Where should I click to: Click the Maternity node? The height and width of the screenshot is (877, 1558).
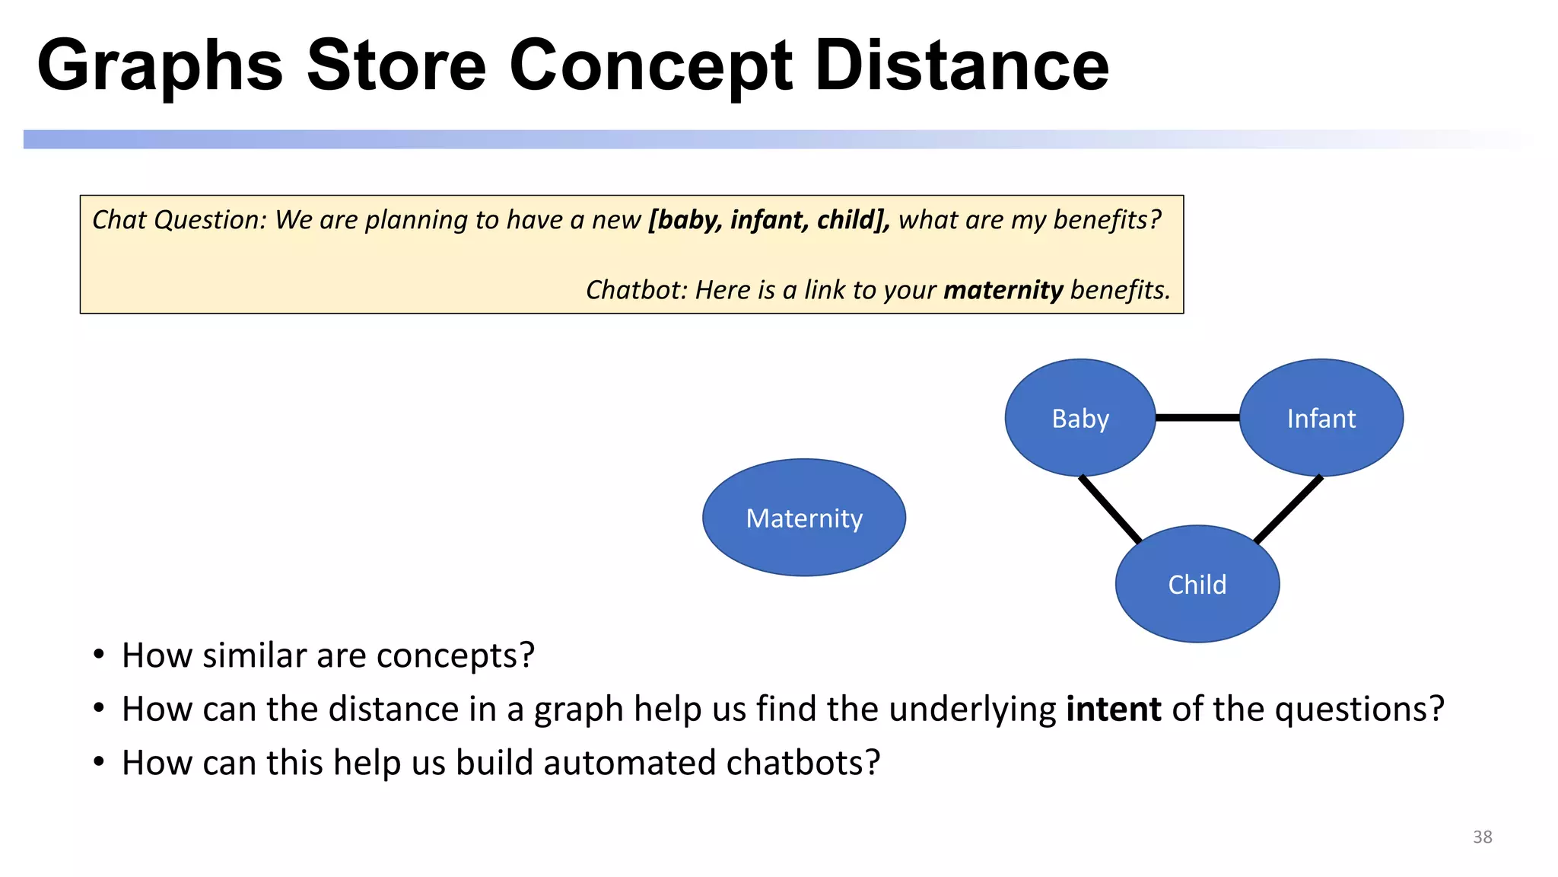(x=804, y=518)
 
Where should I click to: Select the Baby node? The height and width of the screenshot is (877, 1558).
(x=1080, y=418)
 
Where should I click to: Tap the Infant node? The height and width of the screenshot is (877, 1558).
(x=1321, y=418)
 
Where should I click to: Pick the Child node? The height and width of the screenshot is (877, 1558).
(x=1197, y=584)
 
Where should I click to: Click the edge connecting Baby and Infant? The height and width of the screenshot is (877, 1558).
(x=1197, y=417)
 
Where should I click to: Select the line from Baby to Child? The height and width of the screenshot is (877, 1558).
(x=1111, y=509)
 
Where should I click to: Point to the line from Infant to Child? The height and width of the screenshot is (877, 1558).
(x=1288, y=509)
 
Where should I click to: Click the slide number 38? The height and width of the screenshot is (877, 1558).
(x=1482, y=837)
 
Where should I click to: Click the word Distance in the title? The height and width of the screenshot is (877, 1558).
(x=962, y=66)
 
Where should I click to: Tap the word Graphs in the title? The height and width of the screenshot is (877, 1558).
(x=160, y=66)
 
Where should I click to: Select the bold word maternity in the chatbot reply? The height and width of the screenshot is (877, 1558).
(x=1003, y=290)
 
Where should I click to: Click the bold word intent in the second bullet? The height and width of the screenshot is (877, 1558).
(x=1114, y=709)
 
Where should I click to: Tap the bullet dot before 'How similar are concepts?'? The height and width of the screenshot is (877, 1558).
(x=98, y=655)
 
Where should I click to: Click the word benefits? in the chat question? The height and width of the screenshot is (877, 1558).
(x=1107, y=220)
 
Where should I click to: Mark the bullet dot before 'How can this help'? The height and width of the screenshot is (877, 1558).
(x=98, y=762)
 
